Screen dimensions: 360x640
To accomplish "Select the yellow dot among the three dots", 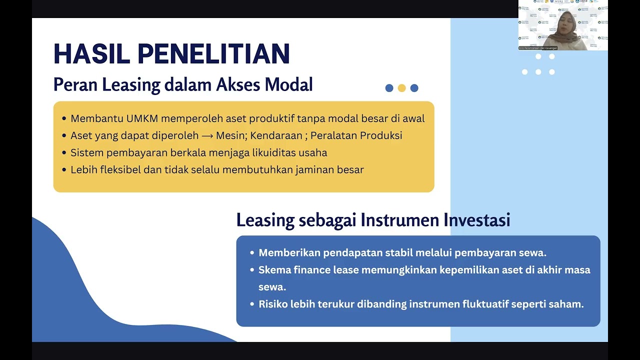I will coord(401,88).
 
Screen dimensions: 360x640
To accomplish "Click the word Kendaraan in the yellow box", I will coord(276,135).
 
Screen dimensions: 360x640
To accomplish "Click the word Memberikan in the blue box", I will coord(289,252).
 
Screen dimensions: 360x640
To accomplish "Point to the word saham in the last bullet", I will coord(568,304).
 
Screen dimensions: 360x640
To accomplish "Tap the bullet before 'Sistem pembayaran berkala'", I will coord(64,153).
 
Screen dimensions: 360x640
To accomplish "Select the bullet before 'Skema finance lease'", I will coord(252,270).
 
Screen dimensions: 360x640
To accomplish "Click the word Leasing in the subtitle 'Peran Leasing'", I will coord(131,85).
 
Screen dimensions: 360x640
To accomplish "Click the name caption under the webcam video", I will coord(538,48).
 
